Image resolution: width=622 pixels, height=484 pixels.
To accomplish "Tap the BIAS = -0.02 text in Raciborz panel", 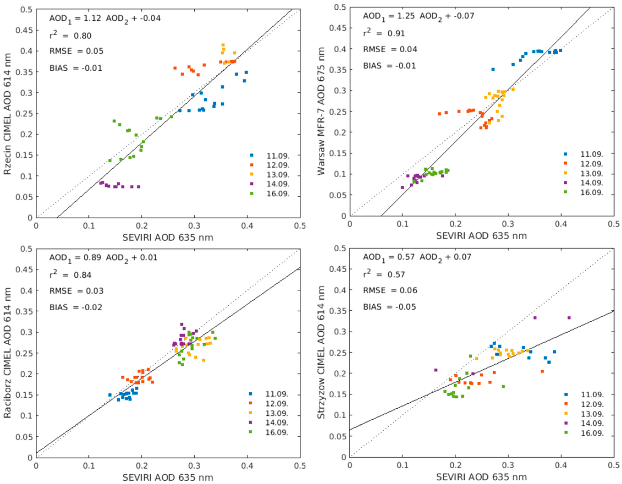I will tap(76, 307).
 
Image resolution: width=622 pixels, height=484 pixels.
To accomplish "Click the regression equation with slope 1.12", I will tap(105, 18).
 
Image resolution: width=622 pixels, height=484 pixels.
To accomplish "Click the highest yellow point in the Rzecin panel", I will tap(223, 45).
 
